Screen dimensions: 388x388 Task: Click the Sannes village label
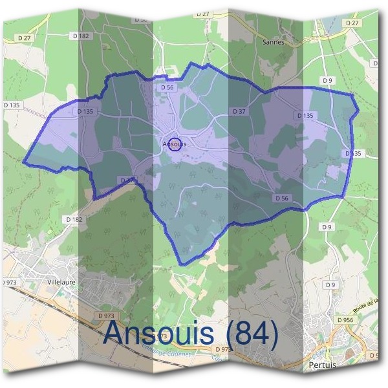[x=274, y=42]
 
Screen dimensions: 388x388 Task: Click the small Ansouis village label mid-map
[x=175, y=144]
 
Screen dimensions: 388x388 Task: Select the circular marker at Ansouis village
[x=175, y=146]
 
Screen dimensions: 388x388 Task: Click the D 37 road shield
[x=240, y=111]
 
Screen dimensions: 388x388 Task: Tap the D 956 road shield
[x=346, y=319]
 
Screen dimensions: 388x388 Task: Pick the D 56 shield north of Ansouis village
[x=167, y=87]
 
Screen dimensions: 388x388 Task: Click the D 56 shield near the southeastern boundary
[x=281, y=199]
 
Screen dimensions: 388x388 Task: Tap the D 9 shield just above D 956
[x=331, y=285]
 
